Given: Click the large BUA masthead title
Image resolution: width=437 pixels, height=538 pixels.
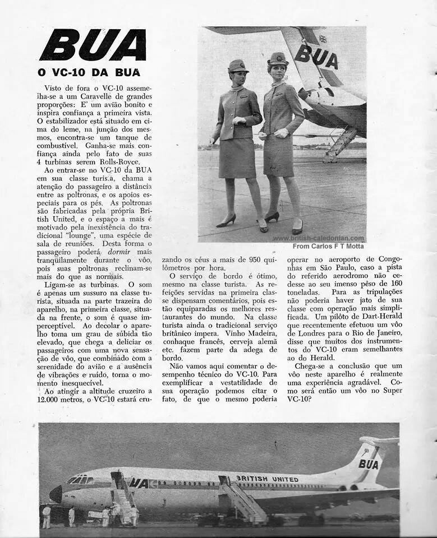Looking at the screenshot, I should pyautogui.click(x=93, y=45).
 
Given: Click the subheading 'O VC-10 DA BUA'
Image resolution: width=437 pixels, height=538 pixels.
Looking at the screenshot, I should pyautogui.click(x=89, y=72).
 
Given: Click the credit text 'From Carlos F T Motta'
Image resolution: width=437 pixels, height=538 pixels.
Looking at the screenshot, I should pyautogui.click(x=328, y=246).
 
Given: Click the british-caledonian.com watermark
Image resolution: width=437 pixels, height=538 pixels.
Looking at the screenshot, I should pyautogui.click(x=319, y=238).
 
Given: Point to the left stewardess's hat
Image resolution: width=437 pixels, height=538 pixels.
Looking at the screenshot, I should pyautogui.click(x=238, y=66).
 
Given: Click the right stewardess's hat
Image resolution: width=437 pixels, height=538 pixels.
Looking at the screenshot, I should pyautogui.click(x=278, y=58).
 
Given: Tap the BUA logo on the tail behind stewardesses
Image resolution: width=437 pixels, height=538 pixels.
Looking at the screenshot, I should pyautogui.click(x=316, y=56).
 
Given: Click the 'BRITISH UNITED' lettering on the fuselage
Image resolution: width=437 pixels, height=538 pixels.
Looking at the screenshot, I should pyautogui.click(x=267, y=479).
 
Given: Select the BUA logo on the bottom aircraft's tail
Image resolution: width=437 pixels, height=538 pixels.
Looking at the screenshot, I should pyautogui.click(x=368, y=464).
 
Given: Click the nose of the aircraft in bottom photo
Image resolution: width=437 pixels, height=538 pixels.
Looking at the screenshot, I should pyautogui.click(x=55, y=494).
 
